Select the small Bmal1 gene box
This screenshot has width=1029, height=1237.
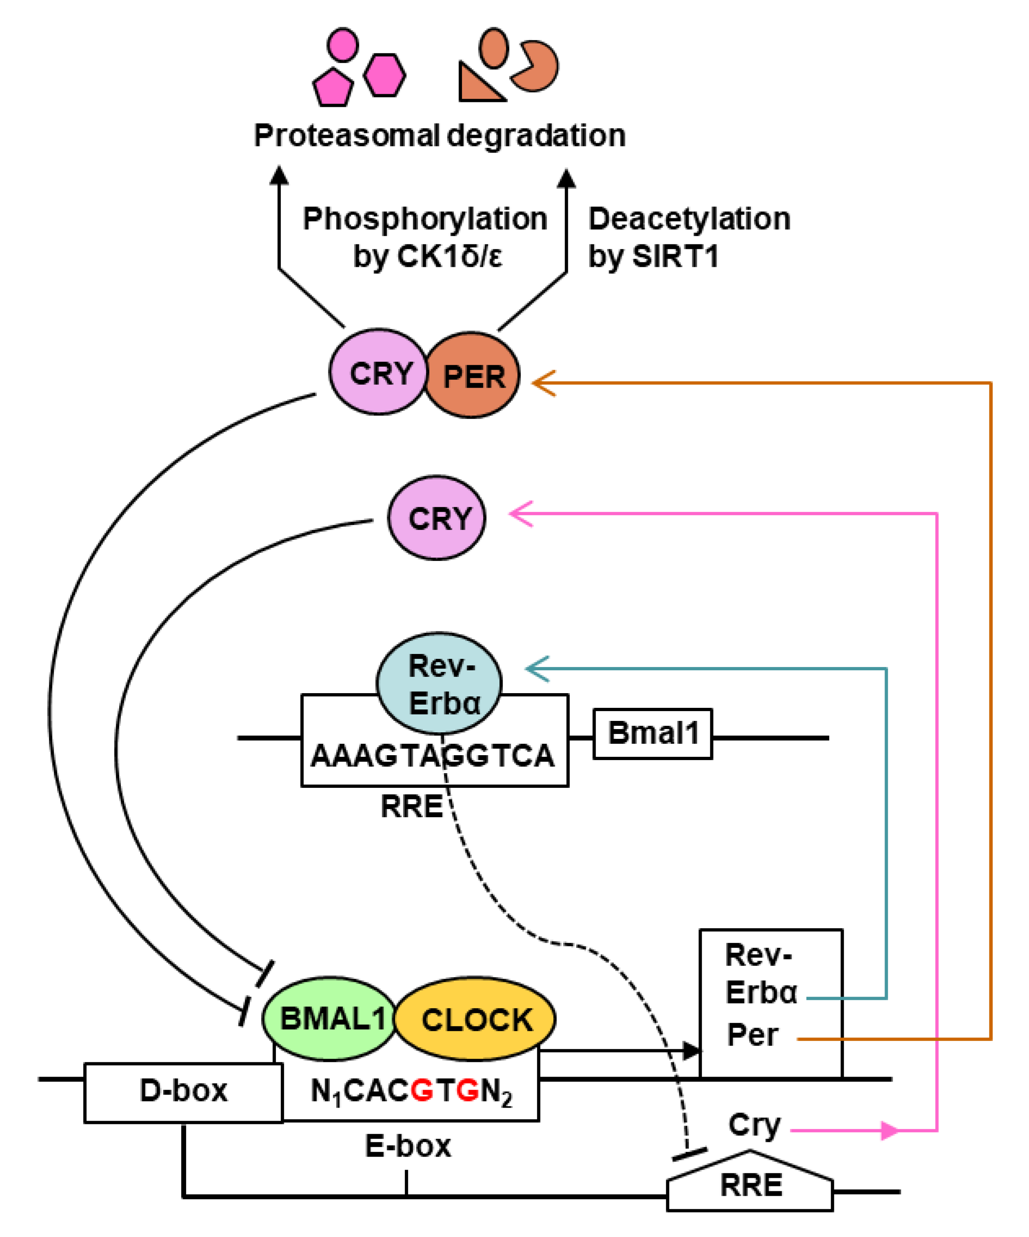pos(653,734)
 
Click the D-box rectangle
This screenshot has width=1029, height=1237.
pos(183,1090)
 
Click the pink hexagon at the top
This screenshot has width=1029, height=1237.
pos(384,74)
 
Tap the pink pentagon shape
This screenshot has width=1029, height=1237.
pos(333,88)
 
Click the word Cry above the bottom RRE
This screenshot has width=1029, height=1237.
pos(754,1125)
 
